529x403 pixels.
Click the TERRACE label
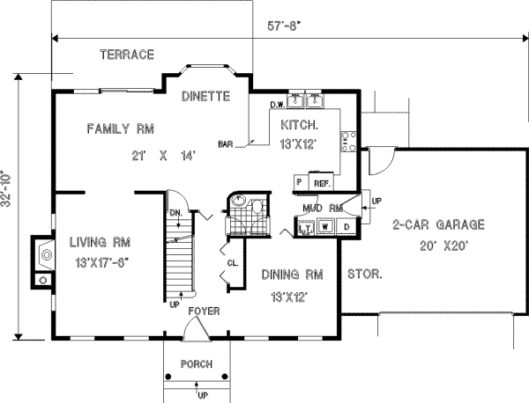126,55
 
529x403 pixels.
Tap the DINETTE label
206,95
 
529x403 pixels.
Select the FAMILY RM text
121,129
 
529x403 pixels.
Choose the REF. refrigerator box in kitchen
322,182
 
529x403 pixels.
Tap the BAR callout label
226,143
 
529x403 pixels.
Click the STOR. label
364,275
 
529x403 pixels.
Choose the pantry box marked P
300,182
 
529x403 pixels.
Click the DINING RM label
285,275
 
